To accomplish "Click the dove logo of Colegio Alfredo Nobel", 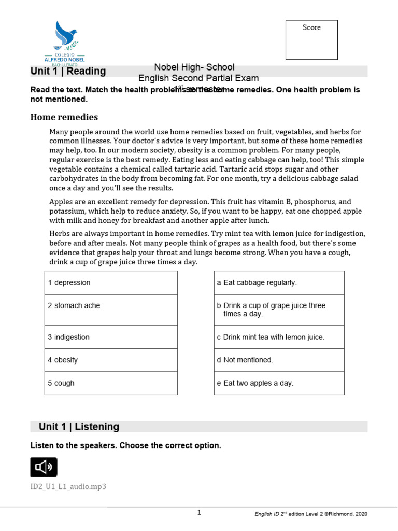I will [66, 36].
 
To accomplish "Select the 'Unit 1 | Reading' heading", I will [68, 72].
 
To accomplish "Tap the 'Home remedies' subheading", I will [64, 117].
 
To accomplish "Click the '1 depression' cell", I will [111, 283].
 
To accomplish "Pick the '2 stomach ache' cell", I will [111, 306].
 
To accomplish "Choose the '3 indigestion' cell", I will [111, 337].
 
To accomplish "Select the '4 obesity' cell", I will [111, 360].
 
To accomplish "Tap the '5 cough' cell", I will [111, 383].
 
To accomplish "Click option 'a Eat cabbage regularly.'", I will [279, 283].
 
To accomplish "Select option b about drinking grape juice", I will [279, 310].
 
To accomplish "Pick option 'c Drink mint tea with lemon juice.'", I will [279, 337].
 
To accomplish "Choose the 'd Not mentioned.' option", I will [279, 360].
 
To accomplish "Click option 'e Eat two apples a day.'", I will [279, 383].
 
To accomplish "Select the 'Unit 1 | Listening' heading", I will [79, 427].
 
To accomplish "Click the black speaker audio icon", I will [44, 467].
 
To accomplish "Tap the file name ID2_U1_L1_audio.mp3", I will [68, 486].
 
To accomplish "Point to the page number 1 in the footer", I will [199, 513].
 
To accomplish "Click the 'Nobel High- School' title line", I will [194, 67].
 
